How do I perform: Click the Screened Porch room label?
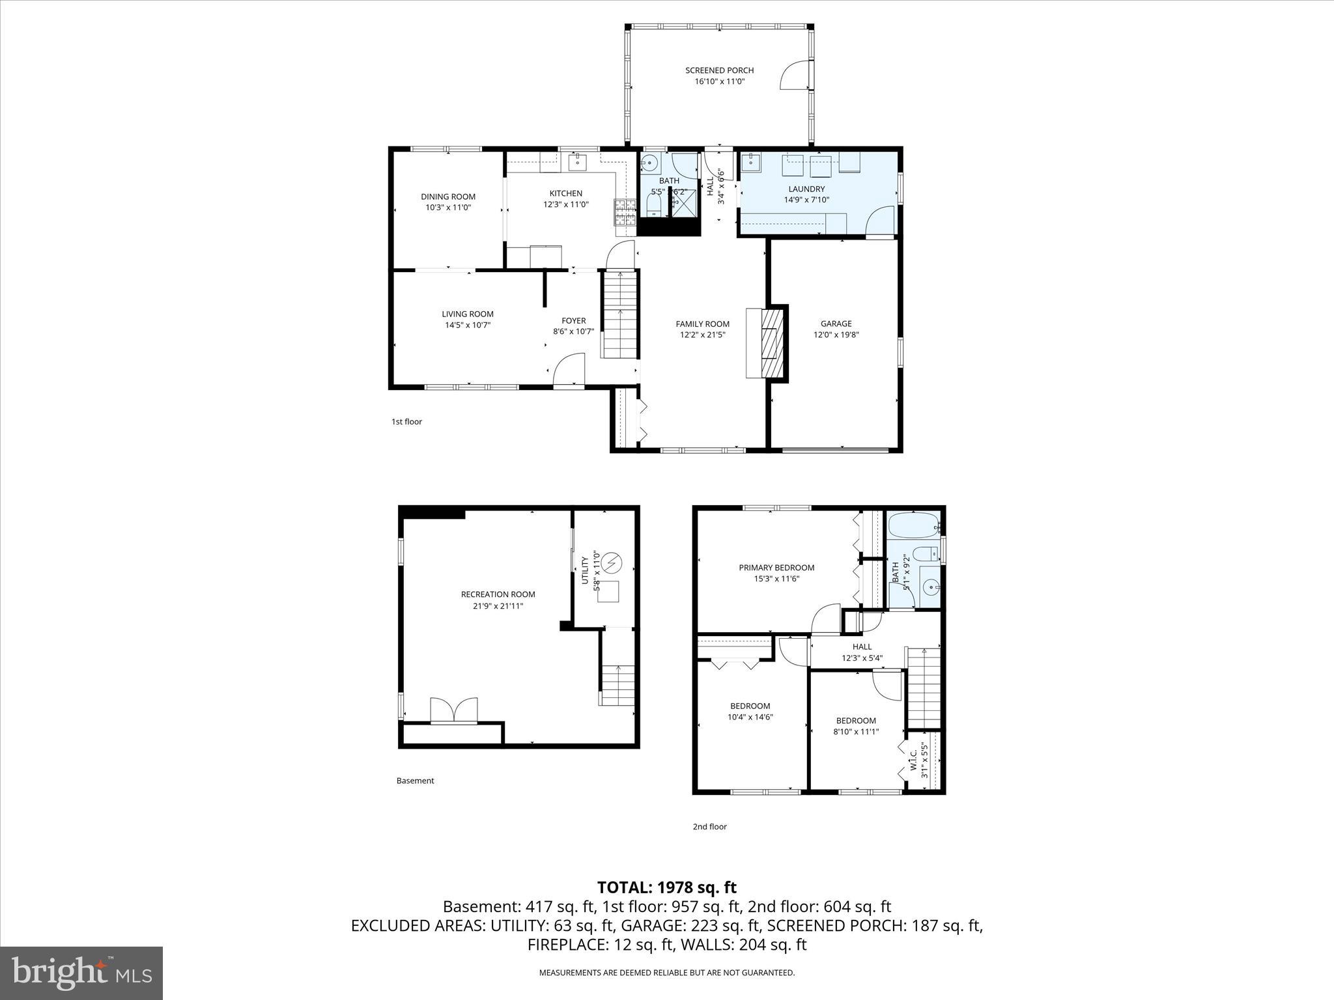click(719, 70)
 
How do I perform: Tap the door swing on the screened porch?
click(793, 76)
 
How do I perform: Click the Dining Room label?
click(447, 197)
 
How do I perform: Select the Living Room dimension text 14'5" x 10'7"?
click(467, 325)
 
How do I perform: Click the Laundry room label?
click(806, 189)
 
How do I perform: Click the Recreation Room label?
click(498, 594)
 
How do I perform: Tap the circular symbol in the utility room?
click(612, 561)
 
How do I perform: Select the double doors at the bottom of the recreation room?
click(454, 710)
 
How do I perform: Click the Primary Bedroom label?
click(776, 568)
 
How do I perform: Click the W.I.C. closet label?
click(913, 762)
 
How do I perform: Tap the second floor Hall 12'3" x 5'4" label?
click(862, 646)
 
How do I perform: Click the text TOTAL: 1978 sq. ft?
click(666, 887)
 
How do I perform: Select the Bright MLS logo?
click(81, 973)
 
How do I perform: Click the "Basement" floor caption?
click(415, 781)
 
